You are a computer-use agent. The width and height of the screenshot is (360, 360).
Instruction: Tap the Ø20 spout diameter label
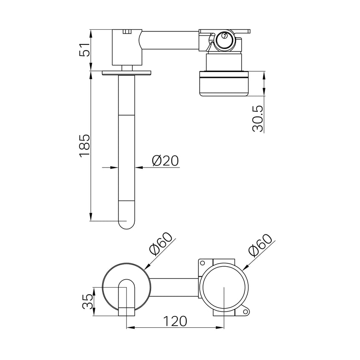click(165, 161)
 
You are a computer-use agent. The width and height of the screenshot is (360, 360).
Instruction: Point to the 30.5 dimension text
click(258, 118)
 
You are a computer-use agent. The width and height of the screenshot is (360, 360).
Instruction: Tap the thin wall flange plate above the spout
click(126, 73)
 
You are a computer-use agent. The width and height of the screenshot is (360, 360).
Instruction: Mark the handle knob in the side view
click(224, 84)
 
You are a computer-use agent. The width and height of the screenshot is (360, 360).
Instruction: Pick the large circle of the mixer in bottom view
click(224, 288)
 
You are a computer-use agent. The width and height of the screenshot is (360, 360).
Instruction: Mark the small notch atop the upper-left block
click(127, 31)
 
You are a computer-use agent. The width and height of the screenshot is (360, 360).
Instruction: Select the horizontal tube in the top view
click(170, 40)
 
